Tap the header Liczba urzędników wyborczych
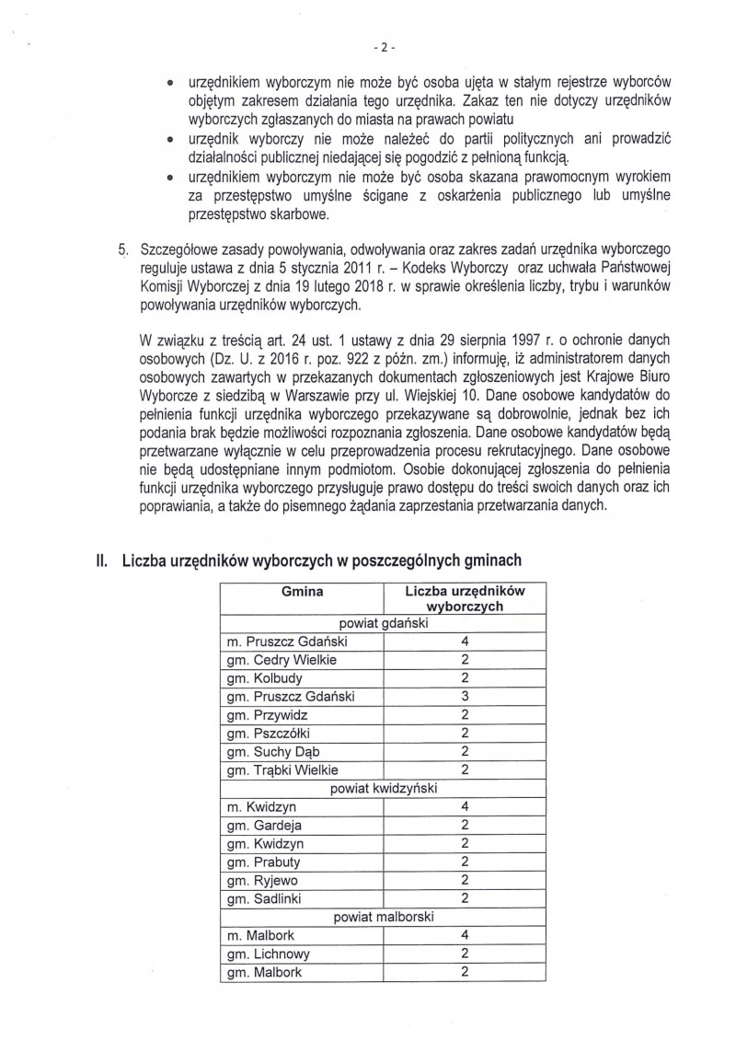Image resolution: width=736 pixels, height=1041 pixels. [x=465, y=600]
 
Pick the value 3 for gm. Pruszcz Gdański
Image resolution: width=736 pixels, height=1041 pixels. [x=465, y=697]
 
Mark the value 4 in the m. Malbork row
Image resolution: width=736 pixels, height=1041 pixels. [x=465, y=934]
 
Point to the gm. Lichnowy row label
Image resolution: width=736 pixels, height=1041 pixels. [x=267, y=953]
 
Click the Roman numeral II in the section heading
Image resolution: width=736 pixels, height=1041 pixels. [x=102, y=559]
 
